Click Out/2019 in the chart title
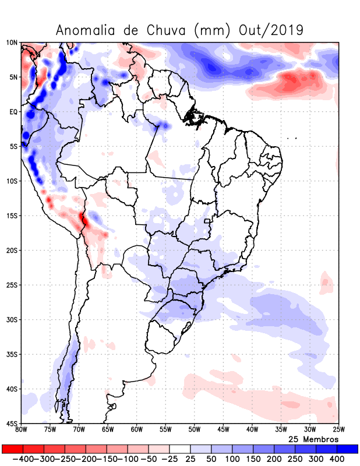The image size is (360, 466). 271,30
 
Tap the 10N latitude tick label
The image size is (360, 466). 12,43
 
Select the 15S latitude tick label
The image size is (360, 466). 12,216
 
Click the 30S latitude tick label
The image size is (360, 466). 12,320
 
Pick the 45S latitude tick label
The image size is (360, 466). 12,423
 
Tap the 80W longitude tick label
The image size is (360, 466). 21,430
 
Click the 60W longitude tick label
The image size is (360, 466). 136,430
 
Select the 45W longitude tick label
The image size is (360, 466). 223,430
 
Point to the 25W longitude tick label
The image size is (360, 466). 338,430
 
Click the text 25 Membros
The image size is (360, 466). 313,439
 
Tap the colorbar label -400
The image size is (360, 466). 23,459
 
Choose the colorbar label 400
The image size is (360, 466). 337,459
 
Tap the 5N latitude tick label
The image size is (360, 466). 13,77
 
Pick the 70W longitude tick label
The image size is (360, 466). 79,430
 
